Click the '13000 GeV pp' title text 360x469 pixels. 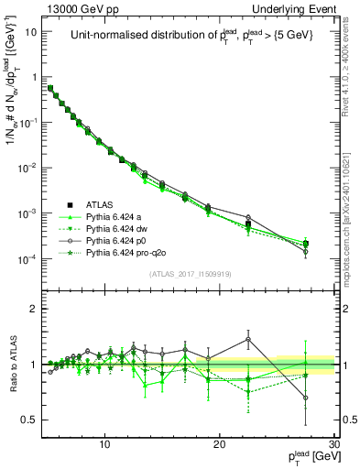coord(80,8)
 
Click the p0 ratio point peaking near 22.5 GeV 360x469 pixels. coord(248,339)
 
